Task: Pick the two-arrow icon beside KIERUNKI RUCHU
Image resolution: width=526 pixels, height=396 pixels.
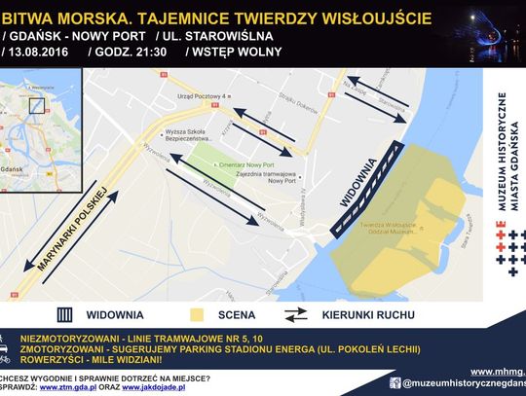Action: pos(296,314)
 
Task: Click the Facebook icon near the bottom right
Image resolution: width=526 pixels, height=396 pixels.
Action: pos(394,383)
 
